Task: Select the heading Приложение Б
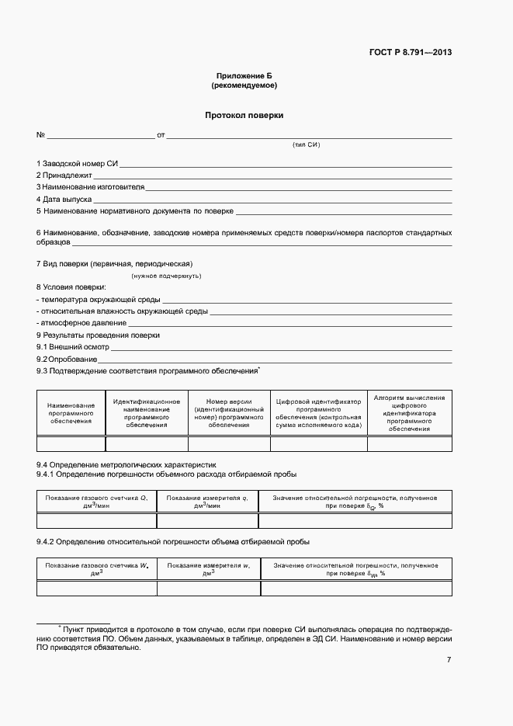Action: [x=244, y=75]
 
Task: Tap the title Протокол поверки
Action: [x=244, y=115]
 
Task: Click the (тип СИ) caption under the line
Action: [x=306, y=145]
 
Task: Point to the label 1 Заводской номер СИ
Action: [x=77, y=163]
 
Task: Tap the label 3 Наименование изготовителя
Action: [x=90, y=187]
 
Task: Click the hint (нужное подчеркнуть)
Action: [x=166, y=276]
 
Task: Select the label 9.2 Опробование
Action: [x=67, y=360]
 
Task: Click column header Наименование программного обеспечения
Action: [x=71, y=413]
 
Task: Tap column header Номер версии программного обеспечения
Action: [x=229, y=413]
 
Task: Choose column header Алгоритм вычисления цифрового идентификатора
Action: [x=409, y=413]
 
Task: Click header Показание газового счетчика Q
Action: [x=96, y=501]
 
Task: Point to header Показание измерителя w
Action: [x=207, y=569]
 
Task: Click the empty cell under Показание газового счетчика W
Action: [x=96, y=589]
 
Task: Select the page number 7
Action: [x=449, y=660]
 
